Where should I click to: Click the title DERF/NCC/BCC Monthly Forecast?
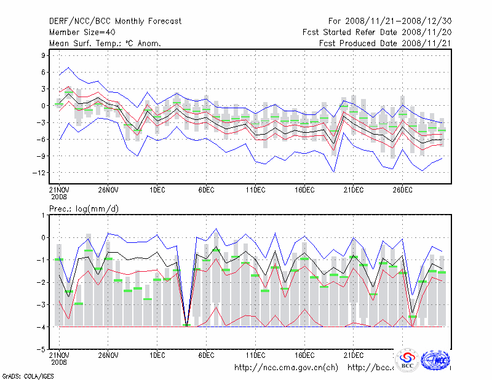tap(115, 21)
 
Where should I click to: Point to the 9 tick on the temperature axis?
tap(43, 55)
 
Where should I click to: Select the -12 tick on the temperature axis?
tap(40, 172)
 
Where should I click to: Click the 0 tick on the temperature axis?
tap(43, 106)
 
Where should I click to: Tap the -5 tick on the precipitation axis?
tap(41, 349)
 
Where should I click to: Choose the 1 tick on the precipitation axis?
tap(43, 215)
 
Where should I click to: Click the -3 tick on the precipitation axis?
tap(41, 304)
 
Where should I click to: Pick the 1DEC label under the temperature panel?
tap(157, 189)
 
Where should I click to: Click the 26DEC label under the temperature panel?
tap(402, 189)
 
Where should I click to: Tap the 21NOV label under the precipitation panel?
tap(59, 355)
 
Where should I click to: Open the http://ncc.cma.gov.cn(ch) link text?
tap(286, 368)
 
